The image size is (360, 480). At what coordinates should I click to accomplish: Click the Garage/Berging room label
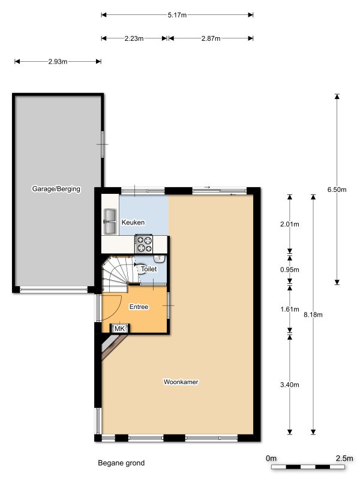56,189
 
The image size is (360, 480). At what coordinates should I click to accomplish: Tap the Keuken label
133,223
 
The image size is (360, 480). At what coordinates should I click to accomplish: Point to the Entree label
139,307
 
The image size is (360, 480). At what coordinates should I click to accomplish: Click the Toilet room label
148,269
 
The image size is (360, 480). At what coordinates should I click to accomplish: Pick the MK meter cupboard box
119,329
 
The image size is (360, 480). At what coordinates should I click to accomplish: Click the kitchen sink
110,221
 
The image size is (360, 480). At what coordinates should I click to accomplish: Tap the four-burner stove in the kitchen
145,244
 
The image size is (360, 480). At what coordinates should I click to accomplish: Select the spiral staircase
117,274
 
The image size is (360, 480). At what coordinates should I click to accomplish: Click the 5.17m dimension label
177,14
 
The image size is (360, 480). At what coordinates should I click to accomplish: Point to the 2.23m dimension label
134,38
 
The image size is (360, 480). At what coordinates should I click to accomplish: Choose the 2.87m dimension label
211,38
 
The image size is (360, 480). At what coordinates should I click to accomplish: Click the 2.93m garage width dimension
57,61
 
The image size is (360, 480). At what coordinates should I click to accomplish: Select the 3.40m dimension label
289,385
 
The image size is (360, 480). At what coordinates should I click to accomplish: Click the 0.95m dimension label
289,270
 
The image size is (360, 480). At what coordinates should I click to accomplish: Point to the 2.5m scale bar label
344,458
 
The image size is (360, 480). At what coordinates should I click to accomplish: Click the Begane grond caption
121,463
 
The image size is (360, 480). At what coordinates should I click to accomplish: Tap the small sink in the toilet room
159,259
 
